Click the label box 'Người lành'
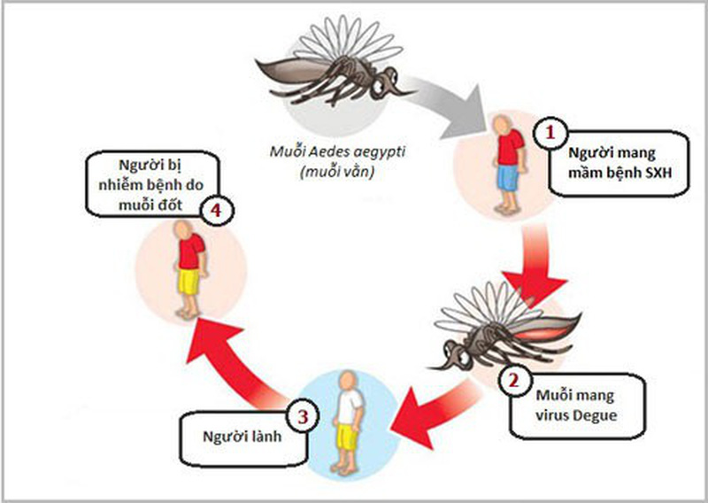point(238,436)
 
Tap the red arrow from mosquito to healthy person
point(424,408)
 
